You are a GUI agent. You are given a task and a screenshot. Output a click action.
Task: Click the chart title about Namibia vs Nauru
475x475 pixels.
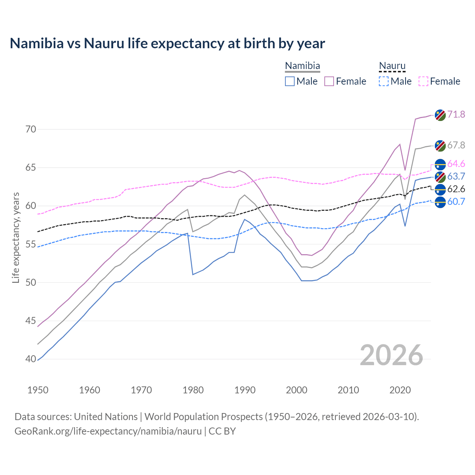click(167, 43)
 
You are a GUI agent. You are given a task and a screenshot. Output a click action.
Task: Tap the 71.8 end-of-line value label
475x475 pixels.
click(456, 114)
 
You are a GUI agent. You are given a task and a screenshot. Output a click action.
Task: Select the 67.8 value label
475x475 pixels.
click(456, 145)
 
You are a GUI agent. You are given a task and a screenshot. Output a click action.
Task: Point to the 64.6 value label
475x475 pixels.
click(456, 164)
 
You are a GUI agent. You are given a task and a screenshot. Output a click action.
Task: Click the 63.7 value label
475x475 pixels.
click(456, 176)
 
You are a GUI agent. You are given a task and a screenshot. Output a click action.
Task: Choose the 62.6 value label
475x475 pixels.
click(456, 189)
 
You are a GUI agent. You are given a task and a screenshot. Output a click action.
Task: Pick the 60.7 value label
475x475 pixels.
click(456, 202)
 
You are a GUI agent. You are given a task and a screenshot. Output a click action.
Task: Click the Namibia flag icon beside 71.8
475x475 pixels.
click(440, 115)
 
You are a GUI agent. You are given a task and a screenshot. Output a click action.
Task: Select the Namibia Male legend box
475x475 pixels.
click(290, 81)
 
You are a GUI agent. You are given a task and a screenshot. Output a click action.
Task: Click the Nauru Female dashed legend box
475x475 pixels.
click(423, 81)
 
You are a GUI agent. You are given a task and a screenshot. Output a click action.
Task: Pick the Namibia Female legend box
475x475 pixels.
click(329, 81)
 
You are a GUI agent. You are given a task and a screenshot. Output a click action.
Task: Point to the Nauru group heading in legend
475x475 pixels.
click(392, 66)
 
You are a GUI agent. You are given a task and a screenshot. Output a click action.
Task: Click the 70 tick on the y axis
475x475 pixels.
click(31, 130)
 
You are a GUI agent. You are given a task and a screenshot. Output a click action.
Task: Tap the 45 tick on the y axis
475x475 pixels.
click(31, 321)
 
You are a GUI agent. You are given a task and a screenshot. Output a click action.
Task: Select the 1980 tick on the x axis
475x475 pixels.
click(193, 390)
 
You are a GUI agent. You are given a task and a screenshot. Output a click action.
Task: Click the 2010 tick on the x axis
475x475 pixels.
click(348, 390)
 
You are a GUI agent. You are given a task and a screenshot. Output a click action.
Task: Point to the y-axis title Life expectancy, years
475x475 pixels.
click(16, 237)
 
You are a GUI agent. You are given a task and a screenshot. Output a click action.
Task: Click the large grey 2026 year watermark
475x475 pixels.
click(391, 355)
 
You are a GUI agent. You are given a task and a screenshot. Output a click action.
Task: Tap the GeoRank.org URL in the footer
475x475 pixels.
click(108, 431)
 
